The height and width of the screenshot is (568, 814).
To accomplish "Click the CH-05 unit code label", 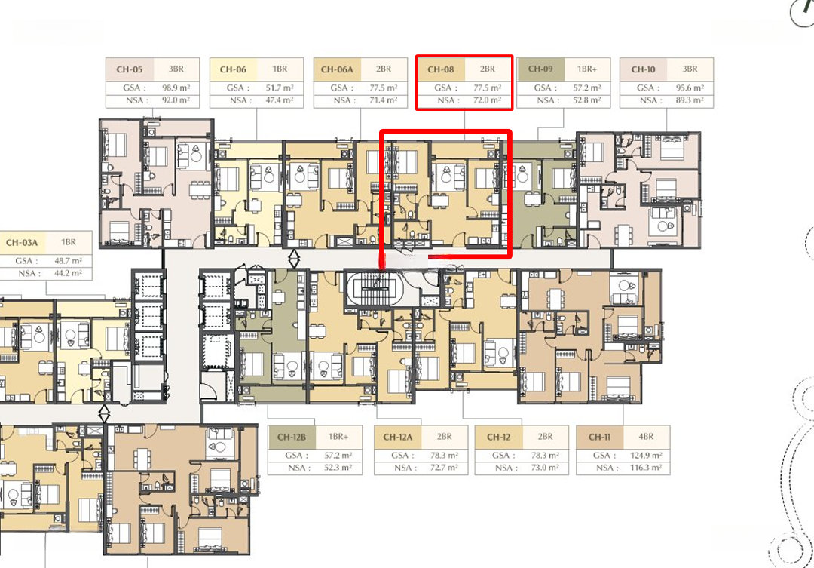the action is pos(130,69).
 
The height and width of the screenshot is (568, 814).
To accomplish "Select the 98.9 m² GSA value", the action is pos(176,88).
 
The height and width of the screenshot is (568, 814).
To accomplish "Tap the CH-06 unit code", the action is pos(233,69).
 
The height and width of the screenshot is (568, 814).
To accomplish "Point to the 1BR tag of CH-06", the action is pos(280,69).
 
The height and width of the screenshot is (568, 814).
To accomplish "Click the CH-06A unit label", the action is pos(337,69).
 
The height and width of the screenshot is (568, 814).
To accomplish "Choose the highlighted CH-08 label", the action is pos(441,69).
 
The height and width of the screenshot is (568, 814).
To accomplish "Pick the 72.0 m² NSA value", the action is pos(488,100).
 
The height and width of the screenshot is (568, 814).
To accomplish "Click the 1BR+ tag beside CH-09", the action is pos(587,69).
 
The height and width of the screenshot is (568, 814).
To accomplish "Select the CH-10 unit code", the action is pos(643,69).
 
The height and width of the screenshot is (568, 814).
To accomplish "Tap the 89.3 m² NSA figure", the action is pos(690,100).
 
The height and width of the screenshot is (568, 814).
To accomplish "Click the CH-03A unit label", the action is pos(22,243).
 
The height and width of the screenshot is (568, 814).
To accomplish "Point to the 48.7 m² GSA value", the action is pos(68,261).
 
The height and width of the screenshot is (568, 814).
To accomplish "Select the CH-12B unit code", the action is pos(292,437).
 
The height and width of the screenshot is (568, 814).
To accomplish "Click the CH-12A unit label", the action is pos(398,437).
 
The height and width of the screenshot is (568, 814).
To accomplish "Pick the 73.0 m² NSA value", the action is pos(545,468).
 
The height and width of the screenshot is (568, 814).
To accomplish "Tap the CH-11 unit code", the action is pos(600,437).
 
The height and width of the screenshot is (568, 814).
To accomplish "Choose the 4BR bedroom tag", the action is pos(647,437).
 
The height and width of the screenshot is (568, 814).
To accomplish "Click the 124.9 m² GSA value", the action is pos(646,456).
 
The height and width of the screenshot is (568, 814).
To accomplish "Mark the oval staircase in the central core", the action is pos(375,289).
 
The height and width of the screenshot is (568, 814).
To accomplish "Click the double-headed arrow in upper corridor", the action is pos(294,258).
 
